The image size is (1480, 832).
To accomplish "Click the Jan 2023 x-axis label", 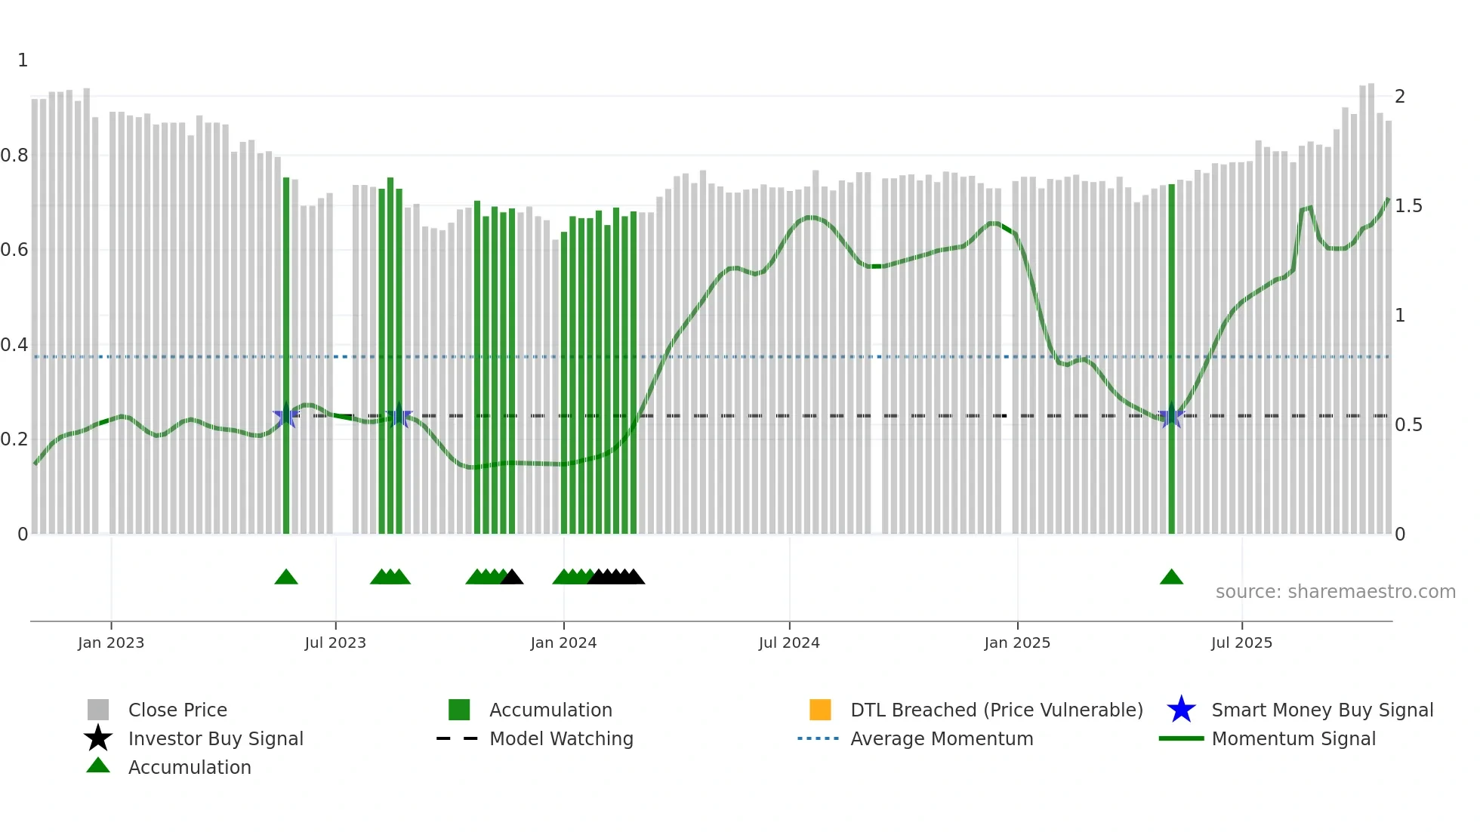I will coord(110,642).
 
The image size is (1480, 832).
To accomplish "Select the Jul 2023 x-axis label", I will coord(335,642).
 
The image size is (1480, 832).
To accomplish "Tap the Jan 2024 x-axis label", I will coord(563,642).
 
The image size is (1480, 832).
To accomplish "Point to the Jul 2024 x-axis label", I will coord(789,642).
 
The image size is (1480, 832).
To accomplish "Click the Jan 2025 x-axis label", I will coord(1017,642).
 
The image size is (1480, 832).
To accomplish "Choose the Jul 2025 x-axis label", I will coord(1241,642).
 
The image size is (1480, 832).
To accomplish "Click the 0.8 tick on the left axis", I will coord(14,156).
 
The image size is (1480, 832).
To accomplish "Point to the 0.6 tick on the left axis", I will coord(14,250).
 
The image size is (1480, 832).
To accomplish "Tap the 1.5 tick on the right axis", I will coord(1408,206).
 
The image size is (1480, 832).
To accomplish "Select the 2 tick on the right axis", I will coord(1400,97).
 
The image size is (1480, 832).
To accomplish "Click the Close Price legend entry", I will coord(177,710).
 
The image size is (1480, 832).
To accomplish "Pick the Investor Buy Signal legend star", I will coord(98,738).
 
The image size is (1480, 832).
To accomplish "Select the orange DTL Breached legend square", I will coord(820,710).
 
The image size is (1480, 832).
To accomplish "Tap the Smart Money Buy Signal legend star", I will coord(1181,710).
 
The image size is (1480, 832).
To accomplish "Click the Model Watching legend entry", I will coord(561,738).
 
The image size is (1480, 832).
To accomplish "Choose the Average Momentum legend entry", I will coord(942,738).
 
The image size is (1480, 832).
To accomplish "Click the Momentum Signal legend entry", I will coord(1293,738).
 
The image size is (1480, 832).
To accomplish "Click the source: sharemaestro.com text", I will coord(1335,592).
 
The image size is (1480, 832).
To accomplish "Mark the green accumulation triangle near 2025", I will coord(1171,578).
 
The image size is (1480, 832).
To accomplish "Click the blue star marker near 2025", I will coord(1171,416).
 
